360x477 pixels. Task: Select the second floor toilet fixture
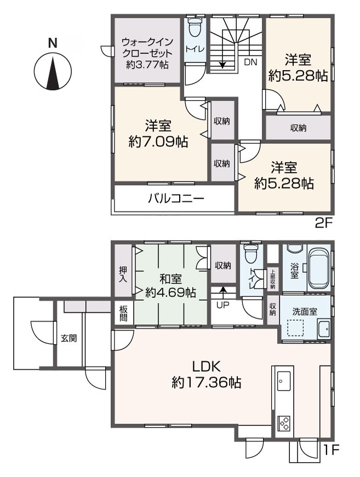click(195, 28)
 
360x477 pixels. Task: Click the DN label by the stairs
click(250, 62)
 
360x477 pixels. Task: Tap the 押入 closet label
click(123, 274)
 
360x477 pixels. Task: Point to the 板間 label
click(123, 313)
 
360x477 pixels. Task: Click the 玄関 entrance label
click(68, 338)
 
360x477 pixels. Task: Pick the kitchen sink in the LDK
click(284, 380)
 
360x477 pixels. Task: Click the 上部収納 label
click(272, 279)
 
